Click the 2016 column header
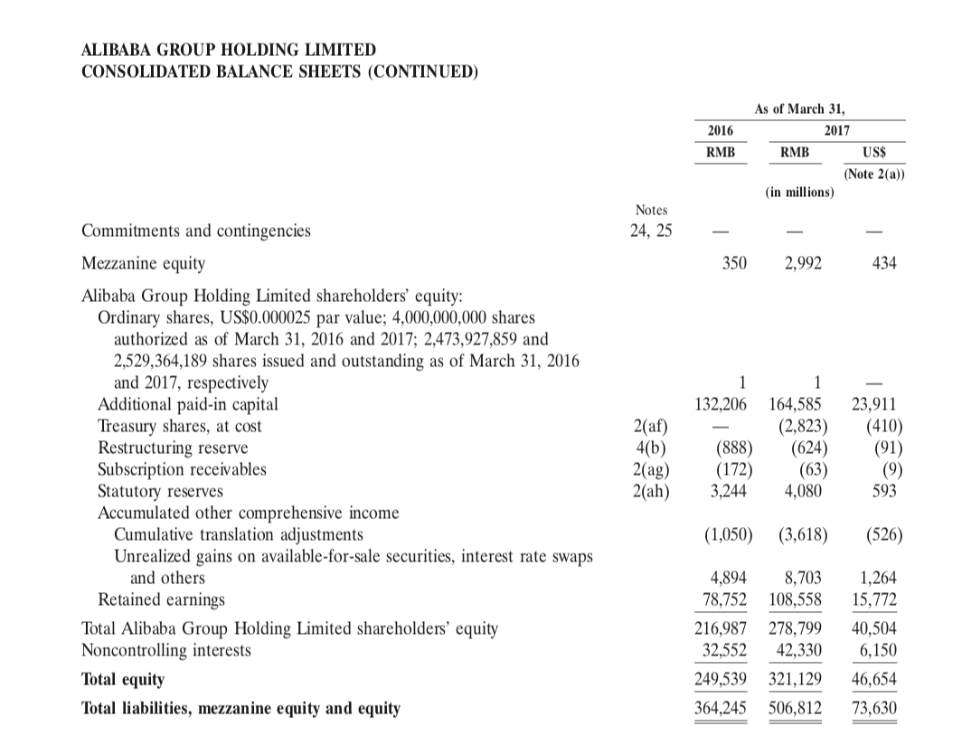pos(720,130)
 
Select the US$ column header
pos(873,153)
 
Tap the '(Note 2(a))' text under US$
pos(873,174)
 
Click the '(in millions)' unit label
pos(798,193)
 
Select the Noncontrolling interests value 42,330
pos(798,649)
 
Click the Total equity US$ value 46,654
pos(875,679)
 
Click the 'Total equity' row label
pos(123,679)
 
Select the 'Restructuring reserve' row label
pos(173,448)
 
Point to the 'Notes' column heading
pos(651,210)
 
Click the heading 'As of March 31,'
pos(798,108)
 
